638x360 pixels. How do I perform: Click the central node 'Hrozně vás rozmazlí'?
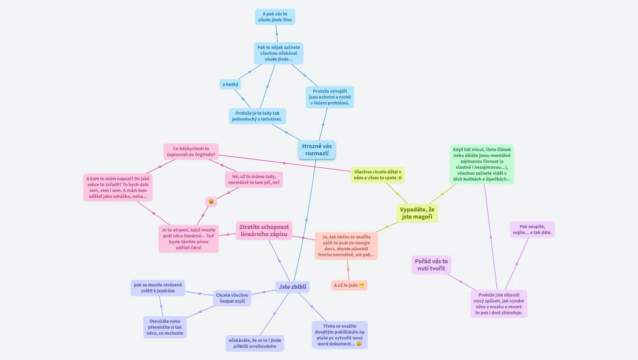pyautogui.click(x=317, y=150)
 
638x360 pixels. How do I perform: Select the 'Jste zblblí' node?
pyautogui.click(x=292, y=286)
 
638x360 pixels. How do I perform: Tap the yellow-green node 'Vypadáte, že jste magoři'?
pyautogui.click(x=417, y=213)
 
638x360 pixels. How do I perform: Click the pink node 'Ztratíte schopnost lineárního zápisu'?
pyautogui.click(x=264, y=230)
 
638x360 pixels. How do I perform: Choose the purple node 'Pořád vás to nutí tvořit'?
pyautogui.click(x=431, y=265)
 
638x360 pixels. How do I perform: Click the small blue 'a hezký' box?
pyautogui.click(x=230, y=84)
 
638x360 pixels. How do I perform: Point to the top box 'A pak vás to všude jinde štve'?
pyautogui.click(x=274, y=17)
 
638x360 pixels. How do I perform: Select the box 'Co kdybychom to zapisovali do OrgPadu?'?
pyautogui.click(x=191, y=151)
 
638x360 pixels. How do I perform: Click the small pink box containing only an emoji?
pyautogui.click(x=211, y=202)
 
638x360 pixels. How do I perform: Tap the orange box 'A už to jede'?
pyautogui.click(x=349, y=285)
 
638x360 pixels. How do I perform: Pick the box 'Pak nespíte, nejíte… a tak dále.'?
pyautogui.click(x=532, y=229)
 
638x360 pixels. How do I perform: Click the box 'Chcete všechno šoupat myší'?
pyautogui.click(x=232, y=298)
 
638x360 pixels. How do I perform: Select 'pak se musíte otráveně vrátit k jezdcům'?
pyautogui.click(x=158, y=288)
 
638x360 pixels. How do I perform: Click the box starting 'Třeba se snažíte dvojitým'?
pyautogui.click(x=339, y=335)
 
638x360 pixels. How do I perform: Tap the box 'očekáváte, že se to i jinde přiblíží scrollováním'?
pyautogui.click(x=255, y=343)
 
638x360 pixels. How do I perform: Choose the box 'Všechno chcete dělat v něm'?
pyautogui.click(x=378, y=175)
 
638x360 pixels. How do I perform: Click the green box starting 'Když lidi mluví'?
pyautogui.click(x=482, y=164)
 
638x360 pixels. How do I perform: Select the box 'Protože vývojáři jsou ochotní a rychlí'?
pyautogui.click(x=330, y=97)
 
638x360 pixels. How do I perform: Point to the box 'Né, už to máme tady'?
pyautogui.click(x=254, y=179)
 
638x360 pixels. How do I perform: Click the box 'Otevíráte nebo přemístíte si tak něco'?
pyautogui.click(x=165, y=327)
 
